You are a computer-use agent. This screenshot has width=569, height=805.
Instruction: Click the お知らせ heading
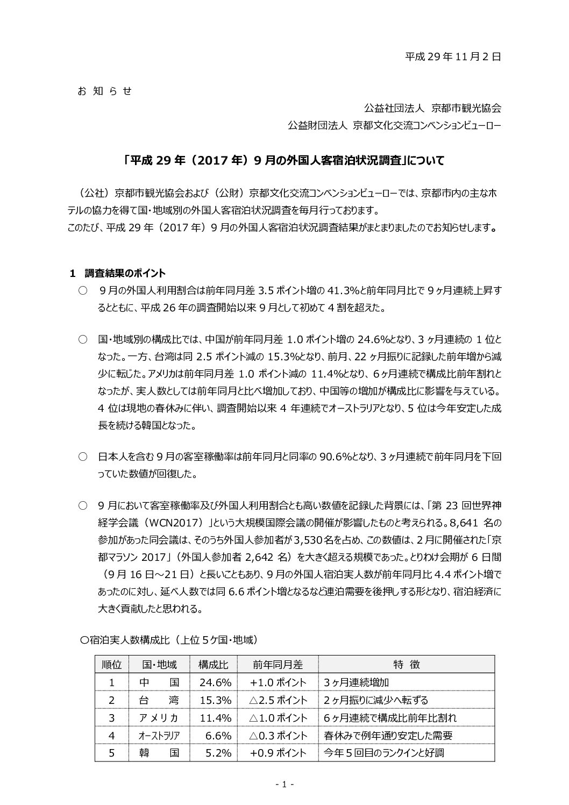104,91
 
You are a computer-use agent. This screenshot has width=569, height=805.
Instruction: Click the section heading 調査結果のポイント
125,273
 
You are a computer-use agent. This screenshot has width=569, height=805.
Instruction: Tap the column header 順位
112,665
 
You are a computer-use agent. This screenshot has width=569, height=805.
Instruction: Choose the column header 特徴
406,665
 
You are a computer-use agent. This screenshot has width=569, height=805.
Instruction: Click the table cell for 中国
159,682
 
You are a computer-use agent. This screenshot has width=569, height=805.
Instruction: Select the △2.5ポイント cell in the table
278,700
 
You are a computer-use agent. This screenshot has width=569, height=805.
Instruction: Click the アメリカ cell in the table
159,718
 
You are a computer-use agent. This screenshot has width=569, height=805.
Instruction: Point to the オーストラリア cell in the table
159,736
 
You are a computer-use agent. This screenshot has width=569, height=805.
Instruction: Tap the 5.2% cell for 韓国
218,753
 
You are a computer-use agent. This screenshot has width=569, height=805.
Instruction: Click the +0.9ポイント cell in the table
278,753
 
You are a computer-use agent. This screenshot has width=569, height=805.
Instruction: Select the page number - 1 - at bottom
284,785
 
